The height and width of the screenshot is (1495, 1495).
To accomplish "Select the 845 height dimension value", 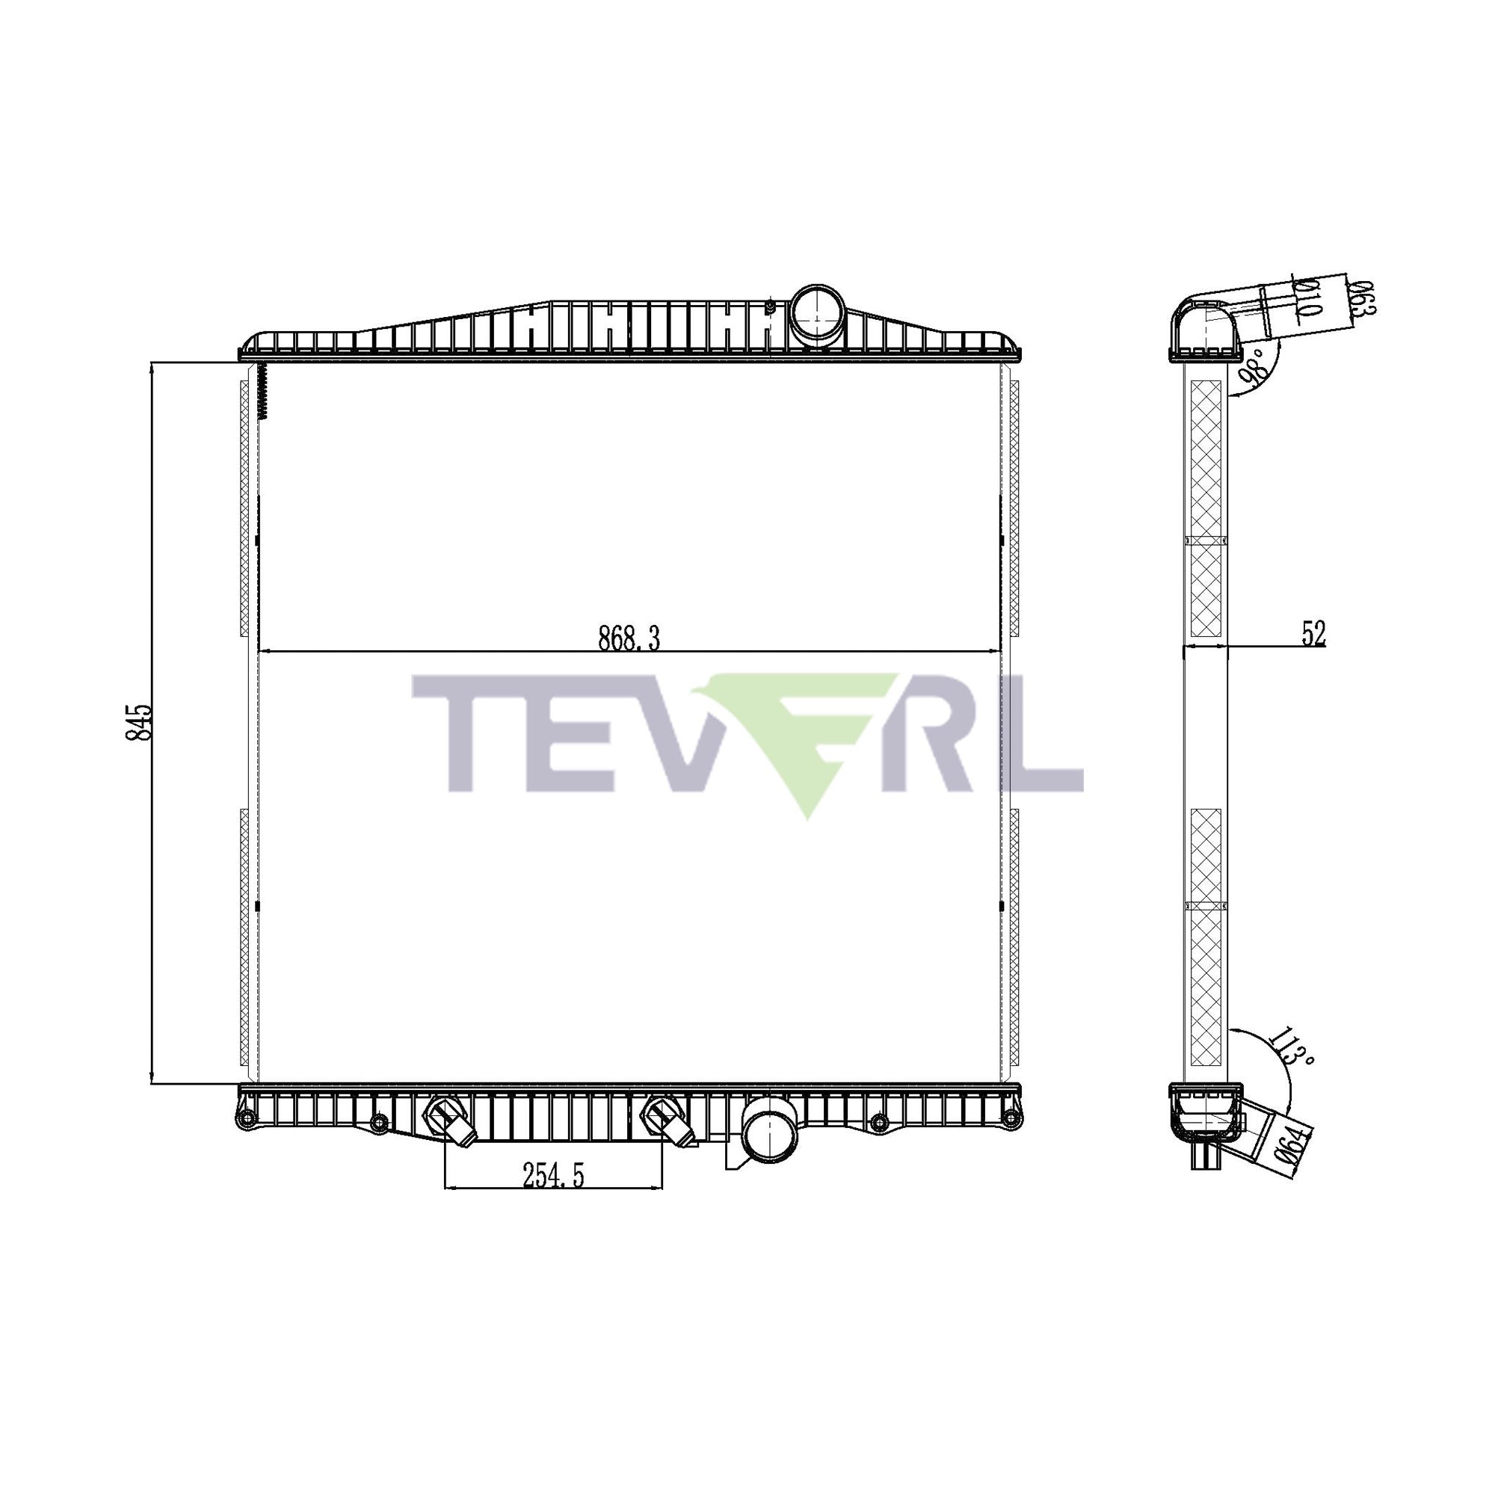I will click(140, 723).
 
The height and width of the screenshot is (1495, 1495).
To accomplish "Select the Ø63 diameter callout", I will click(1361, 300).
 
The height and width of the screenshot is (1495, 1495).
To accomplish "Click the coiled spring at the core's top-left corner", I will click(263, 392).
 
